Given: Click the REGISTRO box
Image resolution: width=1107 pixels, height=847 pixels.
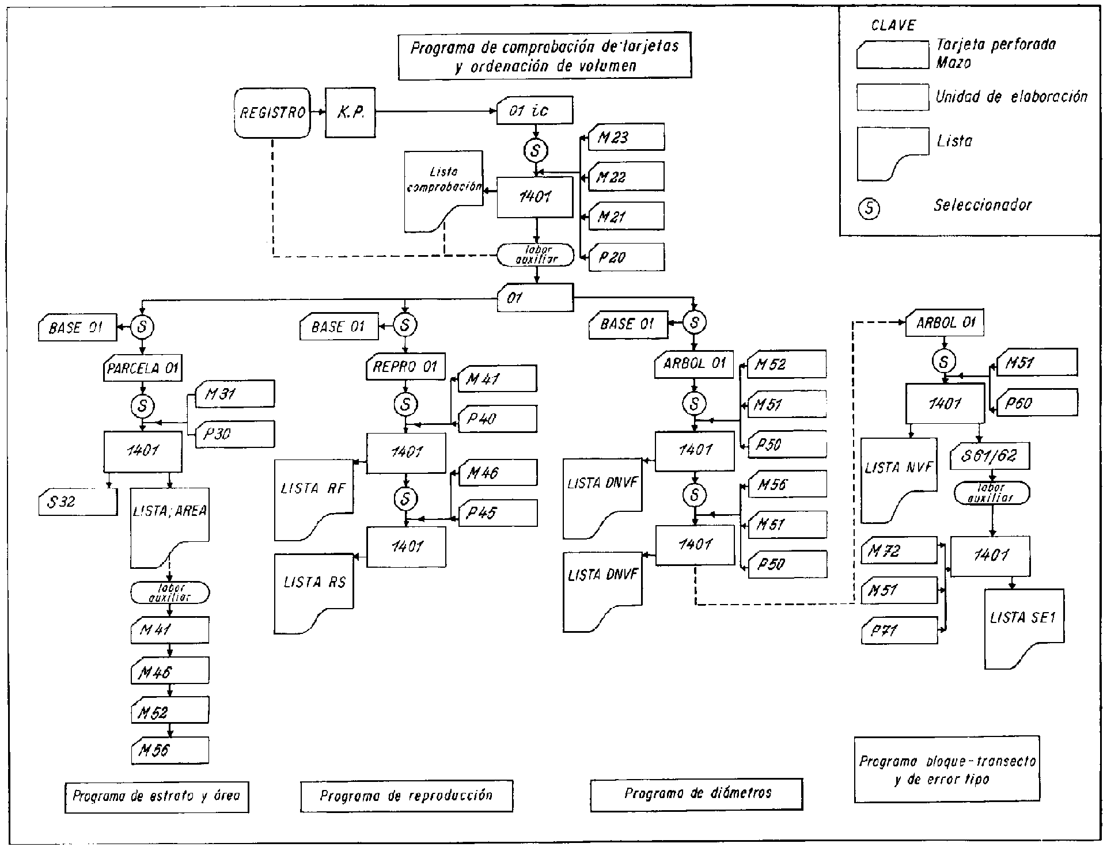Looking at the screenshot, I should [272, 113].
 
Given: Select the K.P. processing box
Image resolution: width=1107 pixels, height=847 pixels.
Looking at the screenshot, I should [350, 113].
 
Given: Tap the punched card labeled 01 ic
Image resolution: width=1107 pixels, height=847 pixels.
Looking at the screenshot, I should [534, 111].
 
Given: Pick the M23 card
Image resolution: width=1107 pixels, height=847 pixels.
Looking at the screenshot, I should [626, 137].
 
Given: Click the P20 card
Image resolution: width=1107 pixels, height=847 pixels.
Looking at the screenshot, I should [626, 257].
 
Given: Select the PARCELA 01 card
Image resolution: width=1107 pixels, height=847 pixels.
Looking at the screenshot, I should [143, 368].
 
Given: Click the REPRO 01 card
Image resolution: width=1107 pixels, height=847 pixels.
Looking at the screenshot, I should [405, 367].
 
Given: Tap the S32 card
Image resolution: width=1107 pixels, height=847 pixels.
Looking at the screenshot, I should [78, 502].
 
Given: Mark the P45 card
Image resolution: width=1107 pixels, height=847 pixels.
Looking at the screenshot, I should [498, 512].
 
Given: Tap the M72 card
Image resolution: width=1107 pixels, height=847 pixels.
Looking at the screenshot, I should [900, 550].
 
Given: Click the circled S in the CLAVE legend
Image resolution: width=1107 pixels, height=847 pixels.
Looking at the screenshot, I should [869, 209].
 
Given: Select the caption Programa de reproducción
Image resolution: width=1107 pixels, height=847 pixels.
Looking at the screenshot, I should [407, 796].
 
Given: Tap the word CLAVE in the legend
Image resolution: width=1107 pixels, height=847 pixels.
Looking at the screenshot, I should [893, 26].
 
